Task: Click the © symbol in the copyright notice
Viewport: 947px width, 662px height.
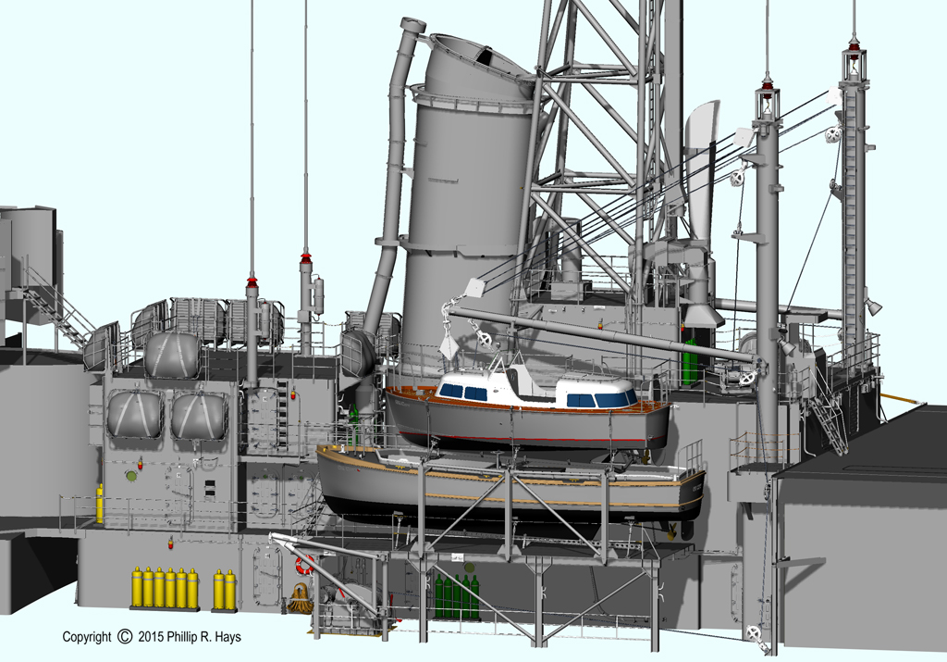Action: pyautogui.click(x=125, y=637)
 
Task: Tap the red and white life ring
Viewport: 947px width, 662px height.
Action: pyautogui.click(x=304, y=565)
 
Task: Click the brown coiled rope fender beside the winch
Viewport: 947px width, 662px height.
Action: pyautogui.click(x=299, y=598)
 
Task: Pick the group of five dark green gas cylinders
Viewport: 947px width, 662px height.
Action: pyautogui.click(x=457, y=596)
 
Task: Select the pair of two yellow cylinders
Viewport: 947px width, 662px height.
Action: pyautogui.click(x=225, y=590)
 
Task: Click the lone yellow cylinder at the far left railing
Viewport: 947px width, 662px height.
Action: pyautogui.click(x=100, y=504)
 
